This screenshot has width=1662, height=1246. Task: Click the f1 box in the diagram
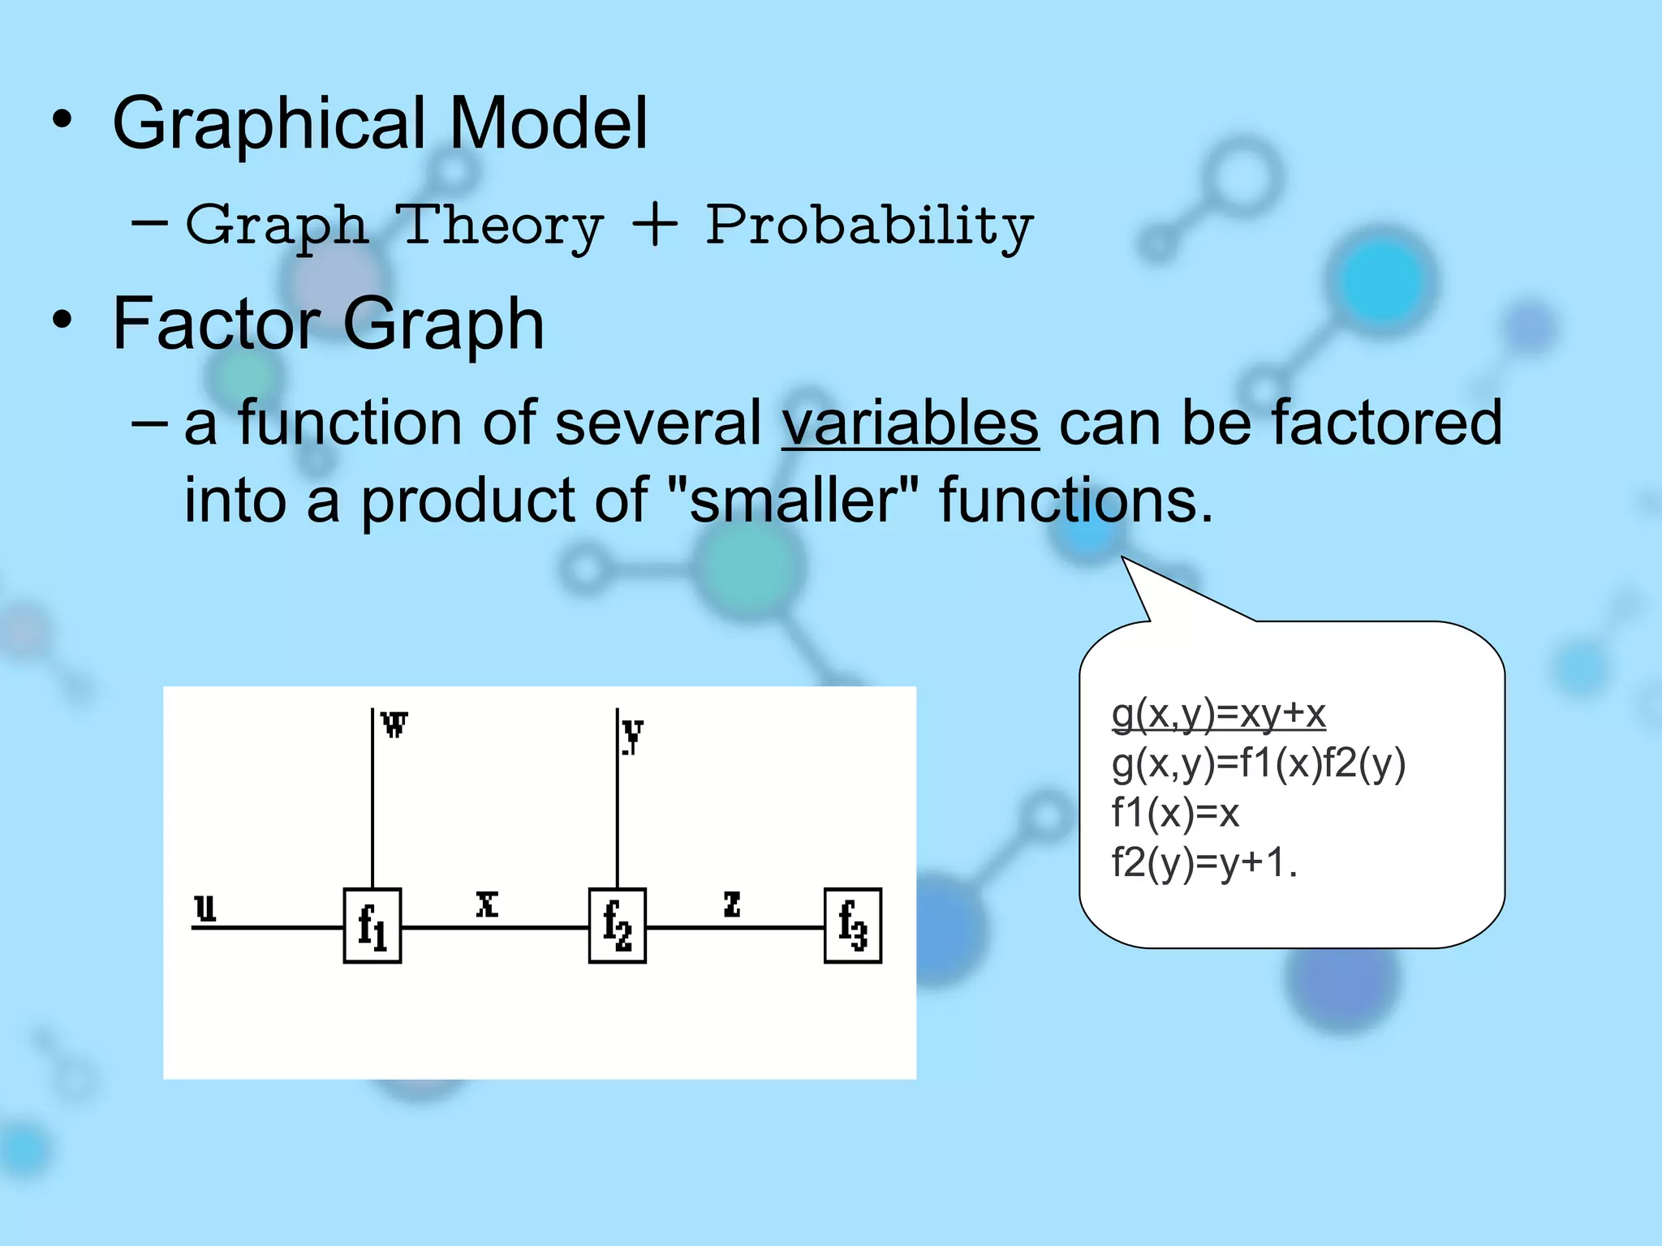tap(372, 926)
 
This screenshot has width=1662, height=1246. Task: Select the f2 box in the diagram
tap(617, 926)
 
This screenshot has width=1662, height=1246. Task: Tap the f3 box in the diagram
tap(852, 926)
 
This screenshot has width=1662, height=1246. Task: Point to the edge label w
tap(394, 724)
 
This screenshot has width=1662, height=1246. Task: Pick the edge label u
tap(206, 908)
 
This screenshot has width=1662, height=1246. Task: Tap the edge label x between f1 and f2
tap(487, 904)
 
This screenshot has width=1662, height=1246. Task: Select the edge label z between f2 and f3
tap(732, 904)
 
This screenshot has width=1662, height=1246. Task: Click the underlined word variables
tap(910, 423)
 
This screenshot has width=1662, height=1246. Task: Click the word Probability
tap(869, 226)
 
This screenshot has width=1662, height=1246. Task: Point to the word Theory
tap(502, 226)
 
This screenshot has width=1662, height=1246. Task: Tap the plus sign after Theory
tap(654, 226)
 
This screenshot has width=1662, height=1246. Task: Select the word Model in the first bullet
tap(548, 123)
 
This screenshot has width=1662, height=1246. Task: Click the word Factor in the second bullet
tap(217, 324)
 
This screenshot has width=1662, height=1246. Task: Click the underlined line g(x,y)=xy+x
tap(1218, 715)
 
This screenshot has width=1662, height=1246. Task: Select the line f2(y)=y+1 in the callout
tap(1204, 862)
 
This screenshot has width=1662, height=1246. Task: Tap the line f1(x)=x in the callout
tap(1175, 813)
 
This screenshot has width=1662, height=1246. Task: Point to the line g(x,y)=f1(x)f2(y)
tap(1258, 764)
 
